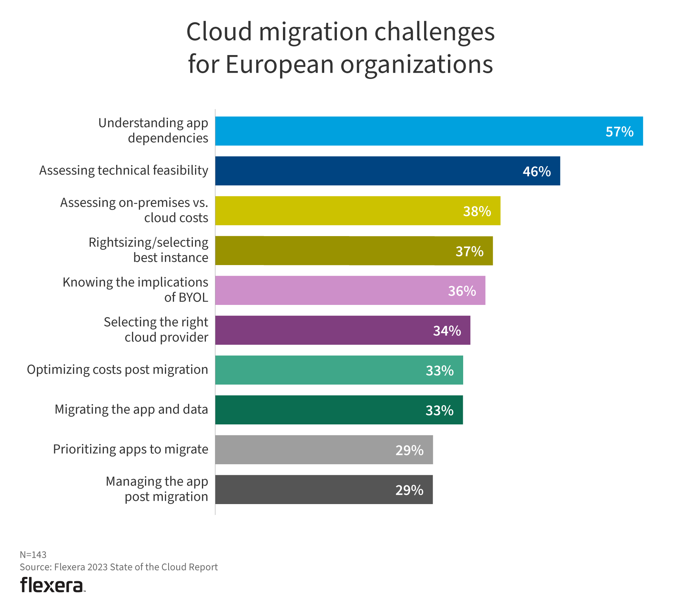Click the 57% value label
click(x=619, y=132)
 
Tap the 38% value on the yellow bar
click(x=477, y=211)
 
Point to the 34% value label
click(x=447, y=331)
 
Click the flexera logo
click(x=52, y=585)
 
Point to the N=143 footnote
click(x=33, y=555)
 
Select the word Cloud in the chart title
click(x=219, y=32)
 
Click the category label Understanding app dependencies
click(x=153, y=130)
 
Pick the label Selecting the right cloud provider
click(x=156, y=330)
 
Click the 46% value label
click(x=537, y=172)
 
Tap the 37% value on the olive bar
click(x=469, y=251)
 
